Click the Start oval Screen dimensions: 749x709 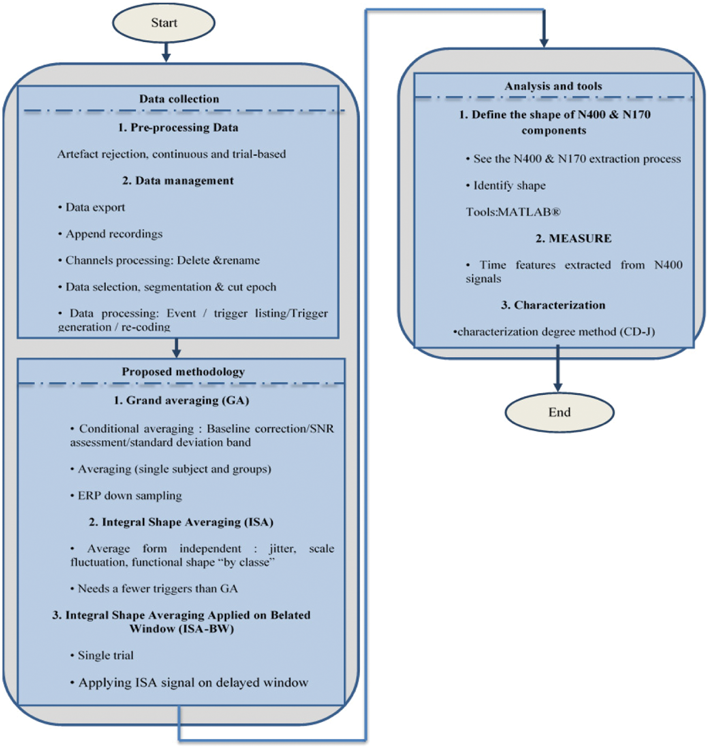(164, 23)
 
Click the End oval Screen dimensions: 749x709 (559, 412)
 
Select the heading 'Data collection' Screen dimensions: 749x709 (179, 99)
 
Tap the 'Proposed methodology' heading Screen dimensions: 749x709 (183, 372)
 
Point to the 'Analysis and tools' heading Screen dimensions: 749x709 (553, 86)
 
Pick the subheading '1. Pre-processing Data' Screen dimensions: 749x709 (178, 128)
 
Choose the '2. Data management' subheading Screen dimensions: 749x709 (178, 181)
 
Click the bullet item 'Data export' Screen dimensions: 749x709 (95, 207)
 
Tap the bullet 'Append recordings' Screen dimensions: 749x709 (114, 234)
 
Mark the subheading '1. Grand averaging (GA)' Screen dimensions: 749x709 (181, 400)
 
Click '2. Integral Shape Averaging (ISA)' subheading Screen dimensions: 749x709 (181, 522)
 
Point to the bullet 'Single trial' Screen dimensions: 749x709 (105, 655)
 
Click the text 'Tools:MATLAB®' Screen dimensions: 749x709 (513, 212)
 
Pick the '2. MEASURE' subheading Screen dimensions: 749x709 (573, 238)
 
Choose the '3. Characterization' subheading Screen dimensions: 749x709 (553, 305)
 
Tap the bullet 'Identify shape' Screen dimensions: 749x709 (509, 185)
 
